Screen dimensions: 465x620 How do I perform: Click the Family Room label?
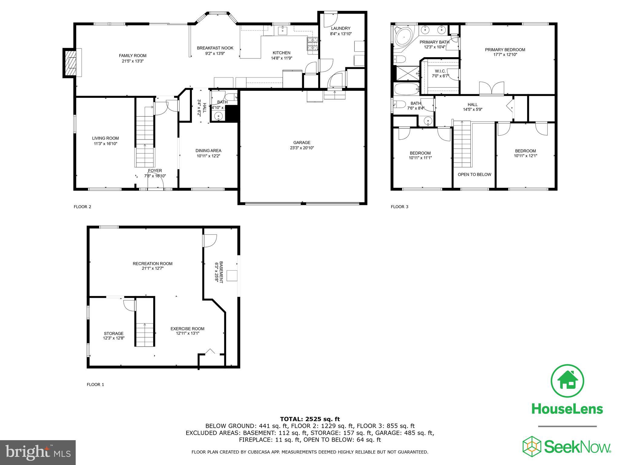coord(132,56)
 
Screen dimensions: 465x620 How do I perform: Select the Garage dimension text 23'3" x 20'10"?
coord(302,148)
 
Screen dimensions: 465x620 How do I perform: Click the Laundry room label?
coord(341,28)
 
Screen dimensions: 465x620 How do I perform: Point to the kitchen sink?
coord(283,30)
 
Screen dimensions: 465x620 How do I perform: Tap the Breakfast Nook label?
coord(215,48)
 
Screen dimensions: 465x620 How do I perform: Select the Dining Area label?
coord(208,151)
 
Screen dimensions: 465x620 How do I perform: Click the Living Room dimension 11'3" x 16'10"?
coord(105,144)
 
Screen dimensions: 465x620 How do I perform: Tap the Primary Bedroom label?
coord(505,50)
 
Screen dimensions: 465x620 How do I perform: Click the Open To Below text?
coord(474,175)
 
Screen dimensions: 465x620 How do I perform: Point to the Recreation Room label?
coord(153,264)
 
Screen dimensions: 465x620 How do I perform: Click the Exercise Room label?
coord(187,329)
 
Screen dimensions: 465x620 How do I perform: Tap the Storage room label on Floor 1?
coord(114,334)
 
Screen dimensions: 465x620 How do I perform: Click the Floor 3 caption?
coord(399,207)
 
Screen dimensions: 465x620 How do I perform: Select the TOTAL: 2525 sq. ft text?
coord(310,419)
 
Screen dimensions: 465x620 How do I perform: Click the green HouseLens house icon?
coord(567,381)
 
